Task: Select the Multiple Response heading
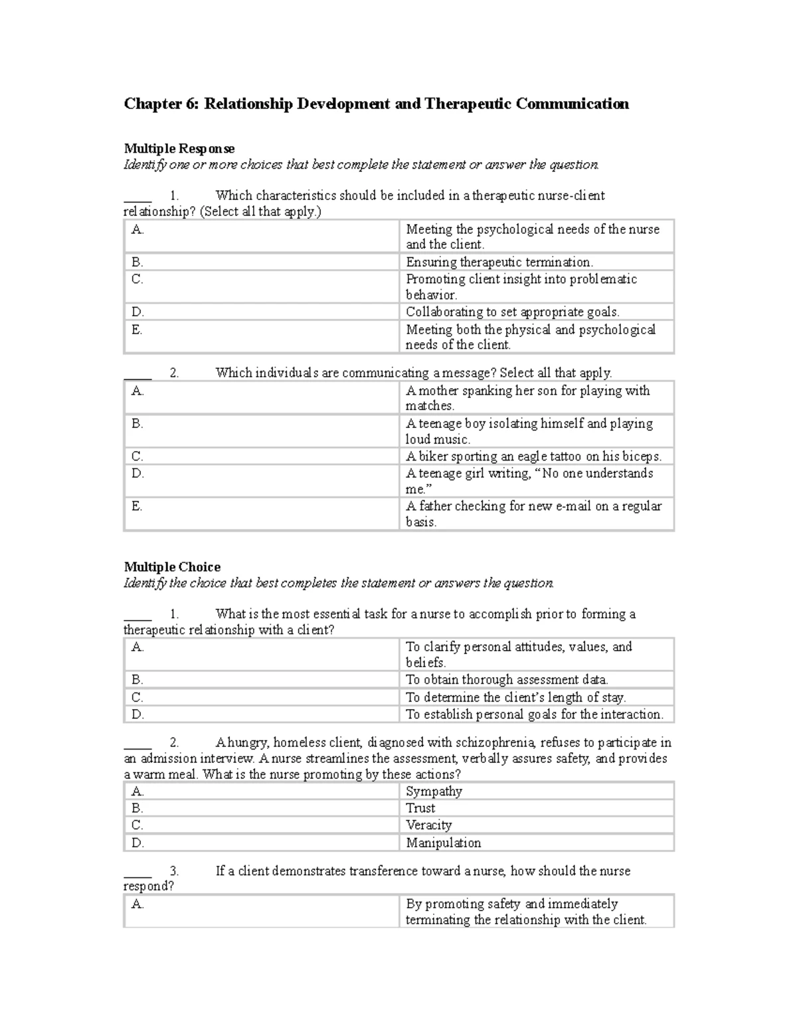[179, 148]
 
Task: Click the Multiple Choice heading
[172, 567]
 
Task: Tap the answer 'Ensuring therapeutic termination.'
[499, 262]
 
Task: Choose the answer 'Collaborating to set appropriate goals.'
[513, 312]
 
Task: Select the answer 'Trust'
[420, 808]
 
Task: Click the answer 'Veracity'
[428, 825]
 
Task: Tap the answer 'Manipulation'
[443, 843]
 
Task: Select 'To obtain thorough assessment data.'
[507, 680]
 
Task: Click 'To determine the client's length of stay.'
[516, 697]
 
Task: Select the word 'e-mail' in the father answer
[573, 506]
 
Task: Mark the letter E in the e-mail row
[137, 506]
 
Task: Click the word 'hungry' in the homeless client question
[248, 743]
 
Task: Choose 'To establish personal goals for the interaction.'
[535, 714]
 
